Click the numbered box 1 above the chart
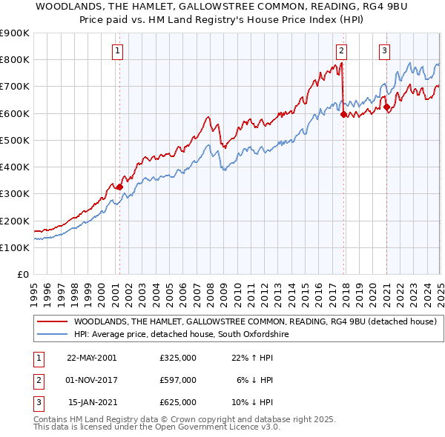(x=119, y=51)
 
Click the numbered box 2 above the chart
(x=340, y=51)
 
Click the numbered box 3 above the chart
(x=385, y=51)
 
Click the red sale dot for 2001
(x=119, y=187)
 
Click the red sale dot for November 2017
(x=343, y=115)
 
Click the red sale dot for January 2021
(x=386, y=107)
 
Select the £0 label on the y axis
(x=22, y=274)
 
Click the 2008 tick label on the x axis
(x=210, y=293)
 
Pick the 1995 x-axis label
(x=34, y=293)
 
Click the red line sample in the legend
(x=52, y=321)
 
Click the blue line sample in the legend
(x=52, y=335)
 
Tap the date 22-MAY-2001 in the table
(x=91, y=358)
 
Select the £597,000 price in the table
(x=177, y=380)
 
